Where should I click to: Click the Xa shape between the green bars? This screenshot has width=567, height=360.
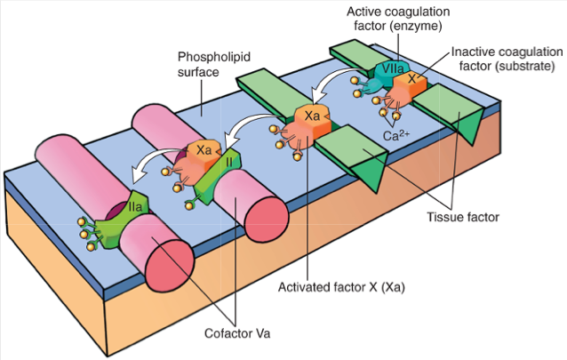pyautogui.click(x=311, y=119)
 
